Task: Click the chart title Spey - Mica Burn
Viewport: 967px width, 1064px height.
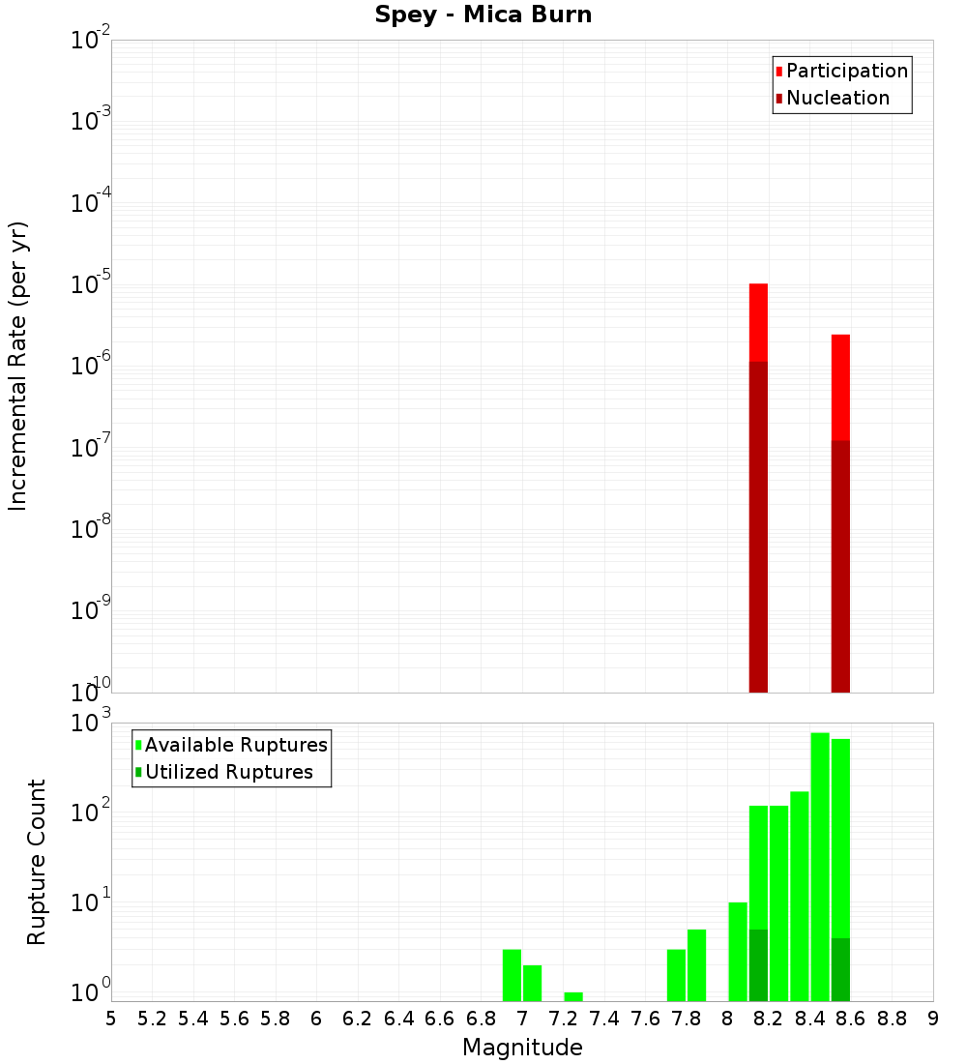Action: coord(483,15)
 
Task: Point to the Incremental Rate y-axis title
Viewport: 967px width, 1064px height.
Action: coord(18,366)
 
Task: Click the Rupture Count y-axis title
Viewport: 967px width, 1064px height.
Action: coord(37,862)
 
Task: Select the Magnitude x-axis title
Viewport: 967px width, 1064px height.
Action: coord(522,1048)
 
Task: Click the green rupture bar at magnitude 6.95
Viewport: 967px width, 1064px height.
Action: coord(512,975)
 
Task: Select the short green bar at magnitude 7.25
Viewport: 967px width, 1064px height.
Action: coord(573,996)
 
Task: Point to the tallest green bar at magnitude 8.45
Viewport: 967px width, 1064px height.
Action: coord(820,866)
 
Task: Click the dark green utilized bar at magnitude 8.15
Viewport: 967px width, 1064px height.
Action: coord(758,964)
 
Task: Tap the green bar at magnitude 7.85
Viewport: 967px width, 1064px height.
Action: coord(696,965)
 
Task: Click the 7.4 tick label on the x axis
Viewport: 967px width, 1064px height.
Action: coord(604,1019)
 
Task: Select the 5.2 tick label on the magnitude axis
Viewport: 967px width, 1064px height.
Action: coord(153,1019)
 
